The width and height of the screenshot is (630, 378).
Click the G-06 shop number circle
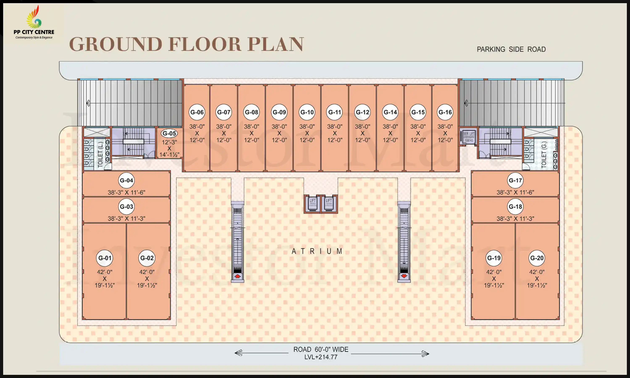(197, 112)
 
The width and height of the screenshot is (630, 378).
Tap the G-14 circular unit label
(390, 112)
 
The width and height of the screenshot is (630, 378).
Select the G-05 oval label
(169, 133)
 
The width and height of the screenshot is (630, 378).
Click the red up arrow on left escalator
(237, 276)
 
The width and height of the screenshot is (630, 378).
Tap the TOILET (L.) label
(100, 154)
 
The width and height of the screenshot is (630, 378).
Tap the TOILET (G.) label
(544, 155)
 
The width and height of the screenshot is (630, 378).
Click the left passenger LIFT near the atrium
(312, 204)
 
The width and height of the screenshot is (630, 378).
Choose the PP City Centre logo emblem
(34, 18)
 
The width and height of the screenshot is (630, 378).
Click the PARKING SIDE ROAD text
(511, 49)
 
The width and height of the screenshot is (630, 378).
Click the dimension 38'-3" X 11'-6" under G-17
(515, 192)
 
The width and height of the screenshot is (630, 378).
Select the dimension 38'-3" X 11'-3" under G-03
(126, 219)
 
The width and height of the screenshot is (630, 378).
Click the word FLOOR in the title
(205, 44)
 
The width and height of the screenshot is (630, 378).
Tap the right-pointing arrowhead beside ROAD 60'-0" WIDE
(425, 354)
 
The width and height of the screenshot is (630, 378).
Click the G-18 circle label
(515, 207)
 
